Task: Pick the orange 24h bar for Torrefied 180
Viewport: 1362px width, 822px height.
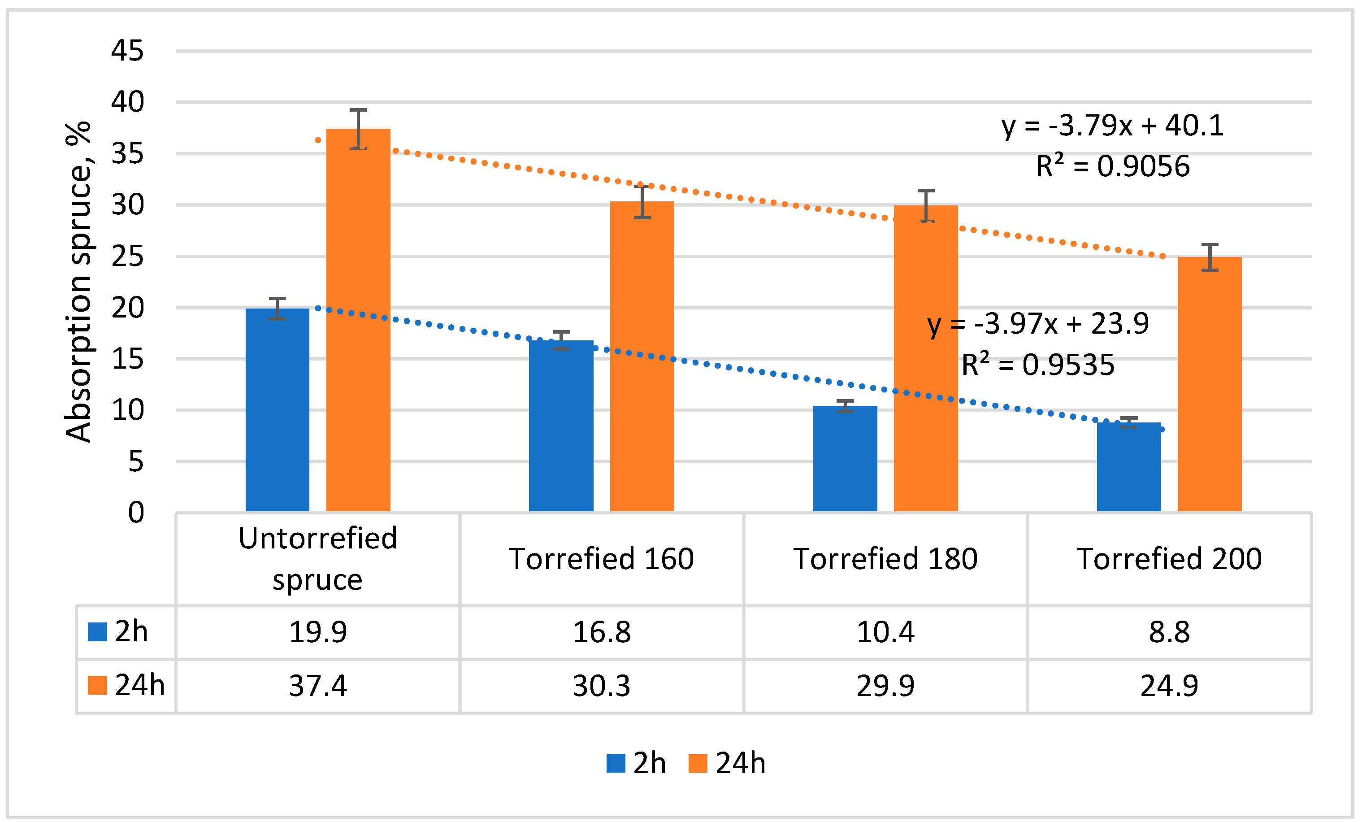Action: click(x=926, y=359)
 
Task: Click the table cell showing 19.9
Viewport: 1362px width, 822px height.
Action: click(x=318, y=632)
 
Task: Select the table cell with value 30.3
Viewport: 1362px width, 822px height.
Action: click(x=601, y=686)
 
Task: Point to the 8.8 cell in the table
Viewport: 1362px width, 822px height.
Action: click(x=1169, y=632)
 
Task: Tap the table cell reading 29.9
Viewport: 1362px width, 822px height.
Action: click(x=885, y=686)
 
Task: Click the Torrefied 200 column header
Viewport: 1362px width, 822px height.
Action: click(x=1169, y=559)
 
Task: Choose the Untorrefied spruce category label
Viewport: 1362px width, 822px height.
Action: click(x=318, y=559)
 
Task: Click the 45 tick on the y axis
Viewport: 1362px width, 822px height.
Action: click(x=127, y=51)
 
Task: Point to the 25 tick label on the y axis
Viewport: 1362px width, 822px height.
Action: click(x=127, y=257)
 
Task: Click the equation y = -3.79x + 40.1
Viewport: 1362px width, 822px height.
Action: click(x=1112, y=126)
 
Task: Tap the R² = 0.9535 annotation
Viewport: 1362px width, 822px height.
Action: click(x=1037, y=365)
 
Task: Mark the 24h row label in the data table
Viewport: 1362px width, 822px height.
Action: click(x=127, y=686)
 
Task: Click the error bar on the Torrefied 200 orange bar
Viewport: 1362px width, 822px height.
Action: click(x=1210, y=257)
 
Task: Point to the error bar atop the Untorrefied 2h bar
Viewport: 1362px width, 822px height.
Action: click(x=278, y=309)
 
